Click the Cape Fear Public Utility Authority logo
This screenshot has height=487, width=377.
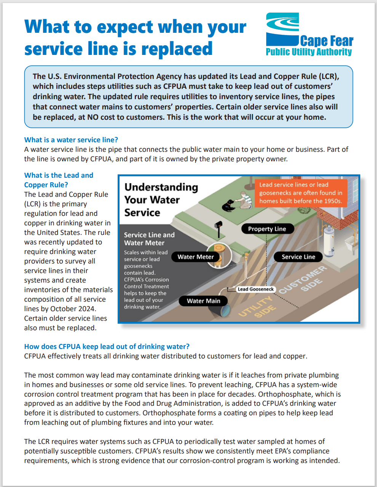tap(309, 35)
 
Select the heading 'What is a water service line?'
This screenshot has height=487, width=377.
tap(71, 140)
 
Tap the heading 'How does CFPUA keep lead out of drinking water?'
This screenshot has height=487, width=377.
tap(107, 346)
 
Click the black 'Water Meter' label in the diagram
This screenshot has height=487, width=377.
tap(195, 257)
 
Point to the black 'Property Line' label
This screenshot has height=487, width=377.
tap(267, 229)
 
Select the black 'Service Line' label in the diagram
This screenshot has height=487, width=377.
tap(298, 257)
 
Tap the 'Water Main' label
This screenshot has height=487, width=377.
tap(203, 301)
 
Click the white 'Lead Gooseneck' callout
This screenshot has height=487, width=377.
tap(256, 289)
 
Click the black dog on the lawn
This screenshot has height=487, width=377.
tap(229, 206)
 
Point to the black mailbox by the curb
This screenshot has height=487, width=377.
tap(219, 226)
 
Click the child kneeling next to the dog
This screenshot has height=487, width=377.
tap(244, 200)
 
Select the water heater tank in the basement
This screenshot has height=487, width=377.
tap(337, 236)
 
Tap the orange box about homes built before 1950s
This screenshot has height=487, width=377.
tap(300, 193)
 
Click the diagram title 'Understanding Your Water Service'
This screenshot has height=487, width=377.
tap(161, 199)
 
